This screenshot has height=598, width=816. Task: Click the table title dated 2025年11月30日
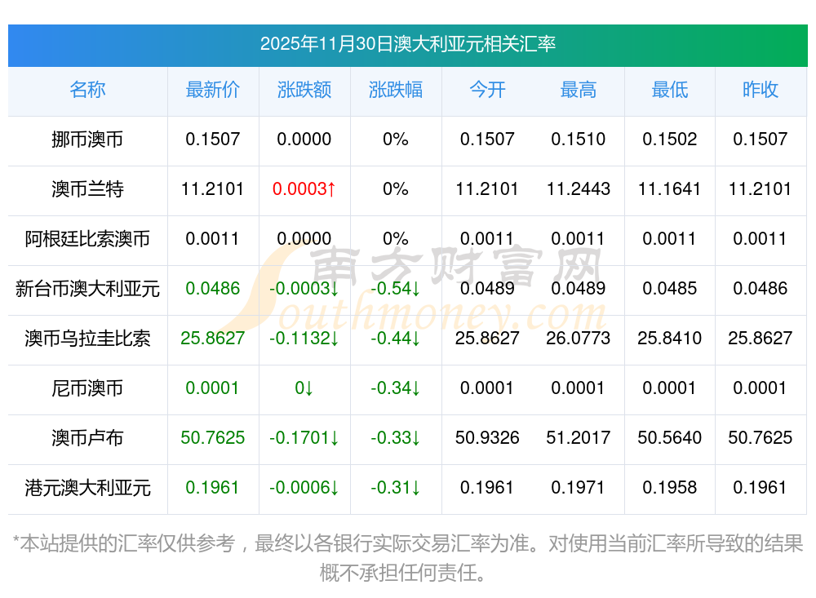point(407,44)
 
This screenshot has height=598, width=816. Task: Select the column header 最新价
point(213,90)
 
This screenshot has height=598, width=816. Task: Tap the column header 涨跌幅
point(396,90)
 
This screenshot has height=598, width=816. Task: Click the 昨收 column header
point(760,90)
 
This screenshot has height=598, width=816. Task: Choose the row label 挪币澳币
point(87,140)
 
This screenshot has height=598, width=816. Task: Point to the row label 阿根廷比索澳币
point(87,239)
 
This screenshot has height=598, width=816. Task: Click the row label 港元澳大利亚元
point(87,488)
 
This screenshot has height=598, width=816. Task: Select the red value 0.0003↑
point(304,189)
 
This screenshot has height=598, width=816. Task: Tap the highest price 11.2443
point(579,189)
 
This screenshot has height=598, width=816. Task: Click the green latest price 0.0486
point(213,289)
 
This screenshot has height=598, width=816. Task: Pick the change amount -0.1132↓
point(304,339)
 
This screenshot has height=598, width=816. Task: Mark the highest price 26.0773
point(579,339)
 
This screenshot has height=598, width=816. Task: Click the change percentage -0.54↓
point(396,289)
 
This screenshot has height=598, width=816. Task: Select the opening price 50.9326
point(487,438)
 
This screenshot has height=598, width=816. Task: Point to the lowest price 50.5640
point(669,438)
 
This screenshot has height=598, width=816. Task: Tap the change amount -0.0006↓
point(304,488)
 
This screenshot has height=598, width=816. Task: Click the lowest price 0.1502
point(669,140)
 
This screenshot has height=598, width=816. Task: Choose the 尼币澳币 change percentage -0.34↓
point(396,388)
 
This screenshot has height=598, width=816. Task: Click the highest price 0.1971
point(579,488)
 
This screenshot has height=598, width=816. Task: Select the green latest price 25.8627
point(213,339)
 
